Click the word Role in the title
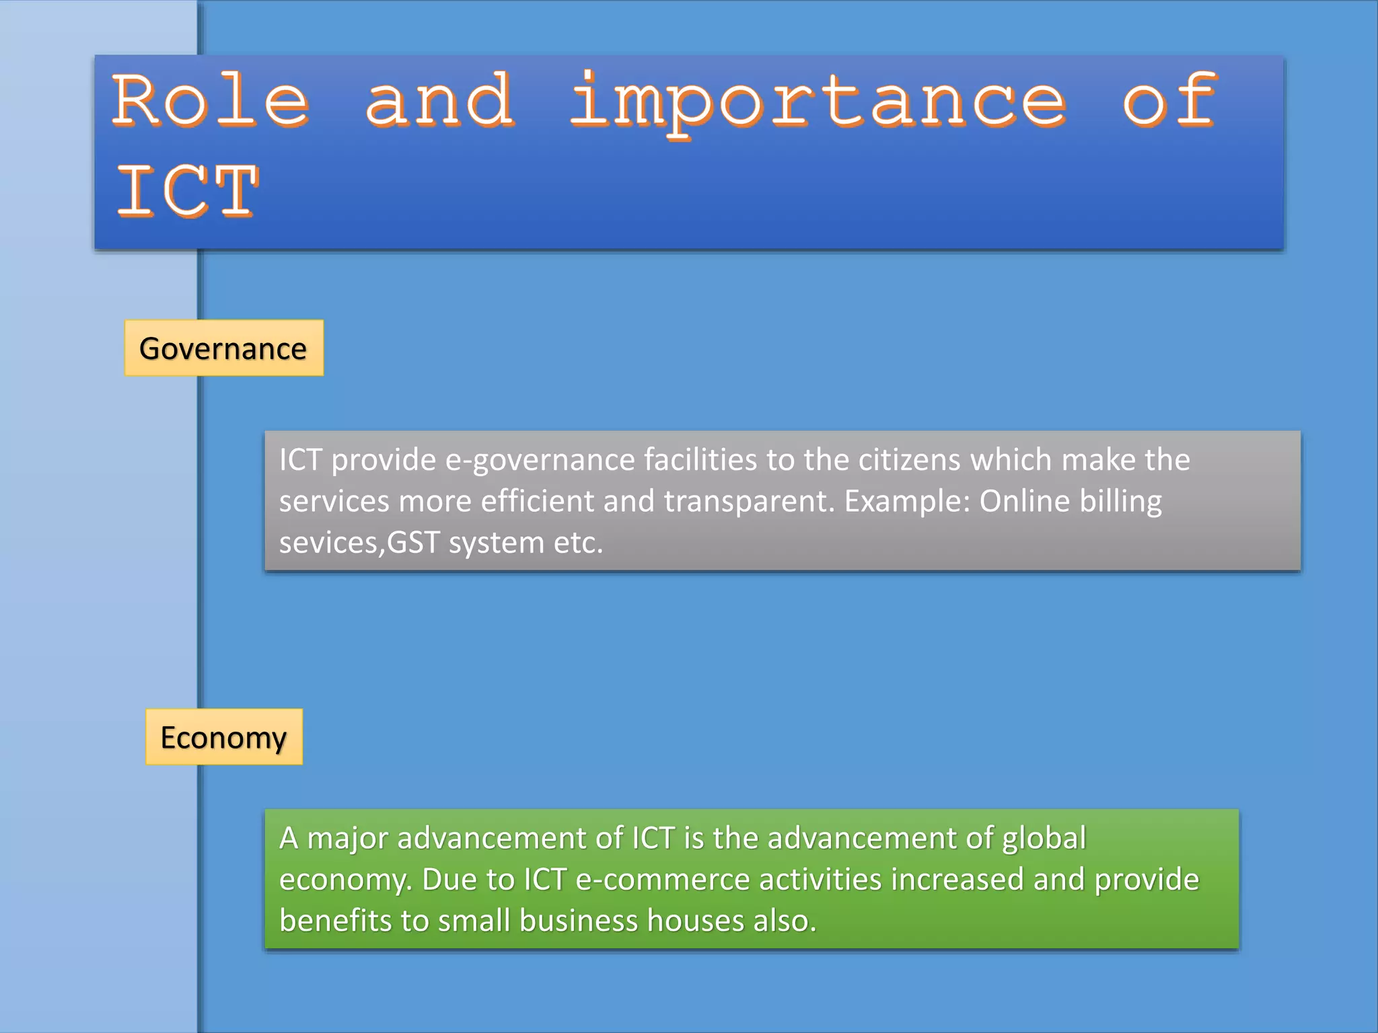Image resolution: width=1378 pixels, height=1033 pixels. coord(210,101)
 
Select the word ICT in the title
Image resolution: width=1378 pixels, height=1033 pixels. coord(186,192)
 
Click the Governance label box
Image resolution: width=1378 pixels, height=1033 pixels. coord(223,348)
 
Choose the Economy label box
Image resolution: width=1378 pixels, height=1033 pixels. coord(223,737)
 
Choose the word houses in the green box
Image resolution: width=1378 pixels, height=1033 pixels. coord(695,921)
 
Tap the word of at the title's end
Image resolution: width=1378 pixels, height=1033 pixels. coord(1169,101)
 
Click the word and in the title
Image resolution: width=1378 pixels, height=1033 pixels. coord(439,101)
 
